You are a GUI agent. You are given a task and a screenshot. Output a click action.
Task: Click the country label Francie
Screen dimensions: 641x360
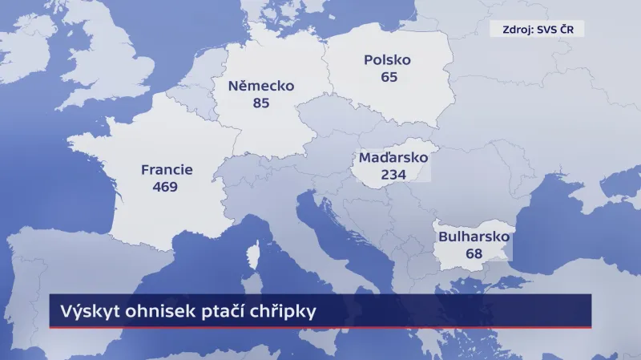(167, 170)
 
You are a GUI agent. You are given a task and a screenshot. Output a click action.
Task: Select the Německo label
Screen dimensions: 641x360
(261, 87)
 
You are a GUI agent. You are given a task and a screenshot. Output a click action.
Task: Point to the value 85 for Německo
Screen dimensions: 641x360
(260, 103)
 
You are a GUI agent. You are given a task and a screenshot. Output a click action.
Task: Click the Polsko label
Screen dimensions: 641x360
(387, 61)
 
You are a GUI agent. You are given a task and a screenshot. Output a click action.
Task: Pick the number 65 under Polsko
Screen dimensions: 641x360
(389, 78)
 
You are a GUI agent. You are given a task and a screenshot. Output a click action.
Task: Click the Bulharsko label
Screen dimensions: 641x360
(474, 237)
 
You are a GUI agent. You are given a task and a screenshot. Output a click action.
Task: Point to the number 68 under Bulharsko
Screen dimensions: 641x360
(474, 254)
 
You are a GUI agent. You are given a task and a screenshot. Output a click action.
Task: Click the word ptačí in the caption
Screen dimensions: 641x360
(220, 310)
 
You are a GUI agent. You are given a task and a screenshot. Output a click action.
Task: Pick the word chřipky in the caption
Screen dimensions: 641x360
(283, 311)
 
